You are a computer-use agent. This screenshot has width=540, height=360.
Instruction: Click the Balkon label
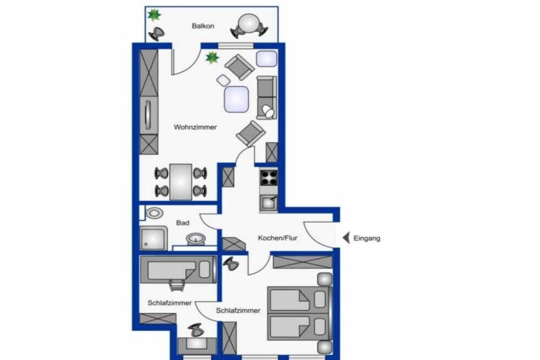point(203,26)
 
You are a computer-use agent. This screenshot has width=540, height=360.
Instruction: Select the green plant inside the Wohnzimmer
point(212,58)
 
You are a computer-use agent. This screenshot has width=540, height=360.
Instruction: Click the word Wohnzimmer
point(195,127)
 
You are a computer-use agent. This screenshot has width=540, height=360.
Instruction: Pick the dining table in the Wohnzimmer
point(181,182)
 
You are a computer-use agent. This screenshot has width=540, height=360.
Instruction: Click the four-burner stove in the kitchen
point(269,177)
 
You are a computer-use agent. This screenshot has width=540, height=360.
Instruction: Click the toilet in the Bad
point(155,213)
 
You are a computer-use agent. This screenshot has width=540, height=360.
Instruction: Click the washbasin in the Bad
point(196,239)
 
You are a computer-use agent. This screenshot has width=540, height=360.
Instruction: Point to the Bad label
point(182,223)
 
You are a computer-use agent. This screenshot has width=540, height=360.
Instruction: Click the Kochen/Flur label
point(277,238)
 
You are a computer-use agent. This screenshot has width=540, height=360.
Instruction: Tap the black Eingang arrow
point(346,238)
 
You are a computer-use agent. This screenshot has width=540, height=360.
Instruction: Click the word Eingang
point(367,238)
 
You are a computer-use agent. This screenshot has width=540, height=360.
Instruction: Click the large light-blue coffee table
point(236,99)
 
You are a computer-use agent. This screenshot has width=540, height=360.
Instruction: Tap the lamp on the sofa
point(268,111)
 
